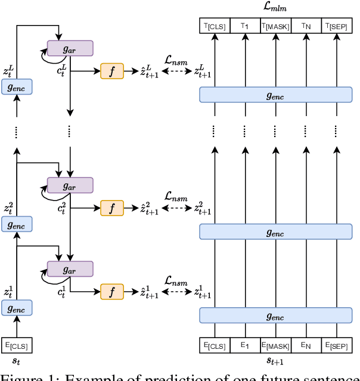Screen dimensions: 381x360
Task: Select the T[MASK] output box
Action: point(275,26)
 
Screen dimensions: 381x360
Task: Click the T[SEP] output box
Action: point(336,26)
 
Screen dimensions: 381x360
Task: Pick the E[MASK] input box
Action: point(275,345)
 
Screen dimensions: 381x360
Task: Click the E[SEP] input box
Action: point(336,345)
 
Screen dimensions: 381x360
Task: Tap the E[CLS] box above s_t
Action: point(17,345)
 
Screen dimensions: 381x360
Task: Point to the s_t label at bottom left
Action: point(17,361)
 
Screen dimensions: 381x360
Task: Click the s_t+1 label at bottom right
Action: point(275,361)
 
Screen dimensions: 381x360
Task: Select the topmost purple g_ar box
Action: point(70,48)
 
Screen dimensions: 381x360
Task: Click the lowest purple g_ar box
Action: point(70,269)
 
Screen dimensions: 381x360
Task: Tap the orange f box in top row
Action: point(112,70)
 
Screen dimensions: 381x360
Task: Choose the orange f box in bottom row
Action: point(112,291)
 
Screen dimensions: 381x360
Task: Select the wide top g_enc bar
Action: point(275,94)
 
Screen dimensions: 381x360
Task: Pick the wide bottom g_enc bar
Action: point(275,316)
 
